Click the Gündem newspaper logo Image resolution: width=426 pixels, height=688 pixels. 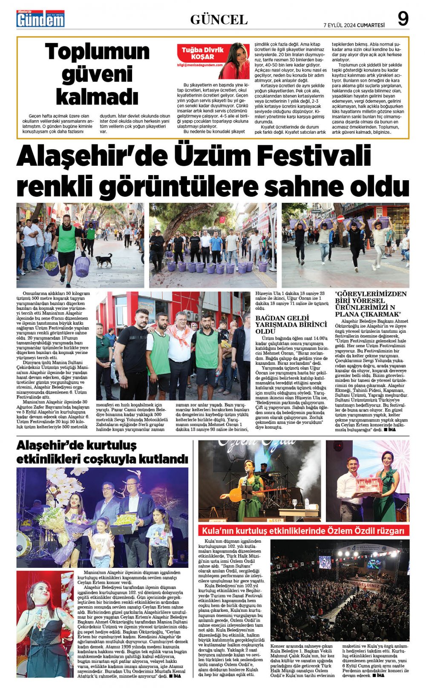40,19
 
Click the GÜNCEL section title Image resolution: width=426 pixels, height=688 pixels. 219,20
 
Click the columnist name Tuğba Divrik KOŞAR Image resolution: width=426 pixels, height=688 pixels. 203,53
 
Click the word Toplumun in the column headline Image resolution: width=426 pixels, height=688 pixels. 98,52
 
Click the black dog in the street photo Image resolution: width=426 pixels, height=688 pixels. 104,259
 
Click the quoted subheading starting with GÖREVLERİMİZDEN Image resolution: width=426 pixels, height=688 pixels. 371,304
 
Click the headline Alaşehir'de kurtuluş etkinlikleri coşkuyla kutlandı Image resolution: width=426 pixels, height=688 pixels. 102,452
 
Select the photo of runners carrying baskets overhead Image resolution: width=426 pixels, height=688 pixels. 345,245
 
